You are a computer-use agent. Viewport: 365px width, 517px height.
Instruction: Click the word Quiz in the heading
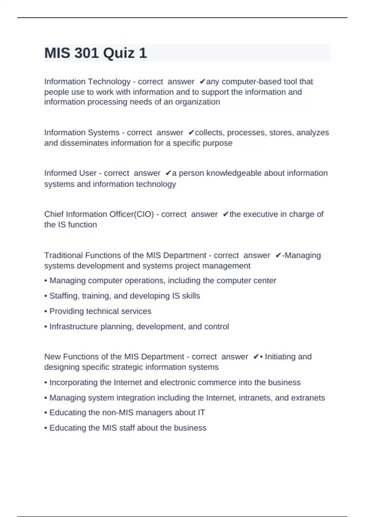[x=119, y=53]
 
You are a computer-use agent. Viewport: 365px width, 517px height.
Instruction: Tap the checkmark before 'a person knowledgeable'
[x=169, y=173]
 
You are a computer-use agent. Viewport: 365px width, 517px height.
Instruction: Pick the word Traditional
[x=64, y=255]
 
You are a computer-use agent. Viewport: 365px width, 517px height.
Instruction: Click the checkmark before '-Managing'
[x=278, y=255]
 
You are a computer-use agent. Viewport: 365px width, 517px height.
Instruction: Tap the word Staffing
[x=63, y=296]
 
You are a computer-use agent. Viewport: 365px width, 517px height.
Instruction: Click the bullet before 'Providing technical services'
[x=46, y=311]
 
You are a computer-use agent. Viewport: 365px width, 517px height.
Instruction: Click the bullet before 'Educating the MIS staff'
[x=46, y=428]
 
